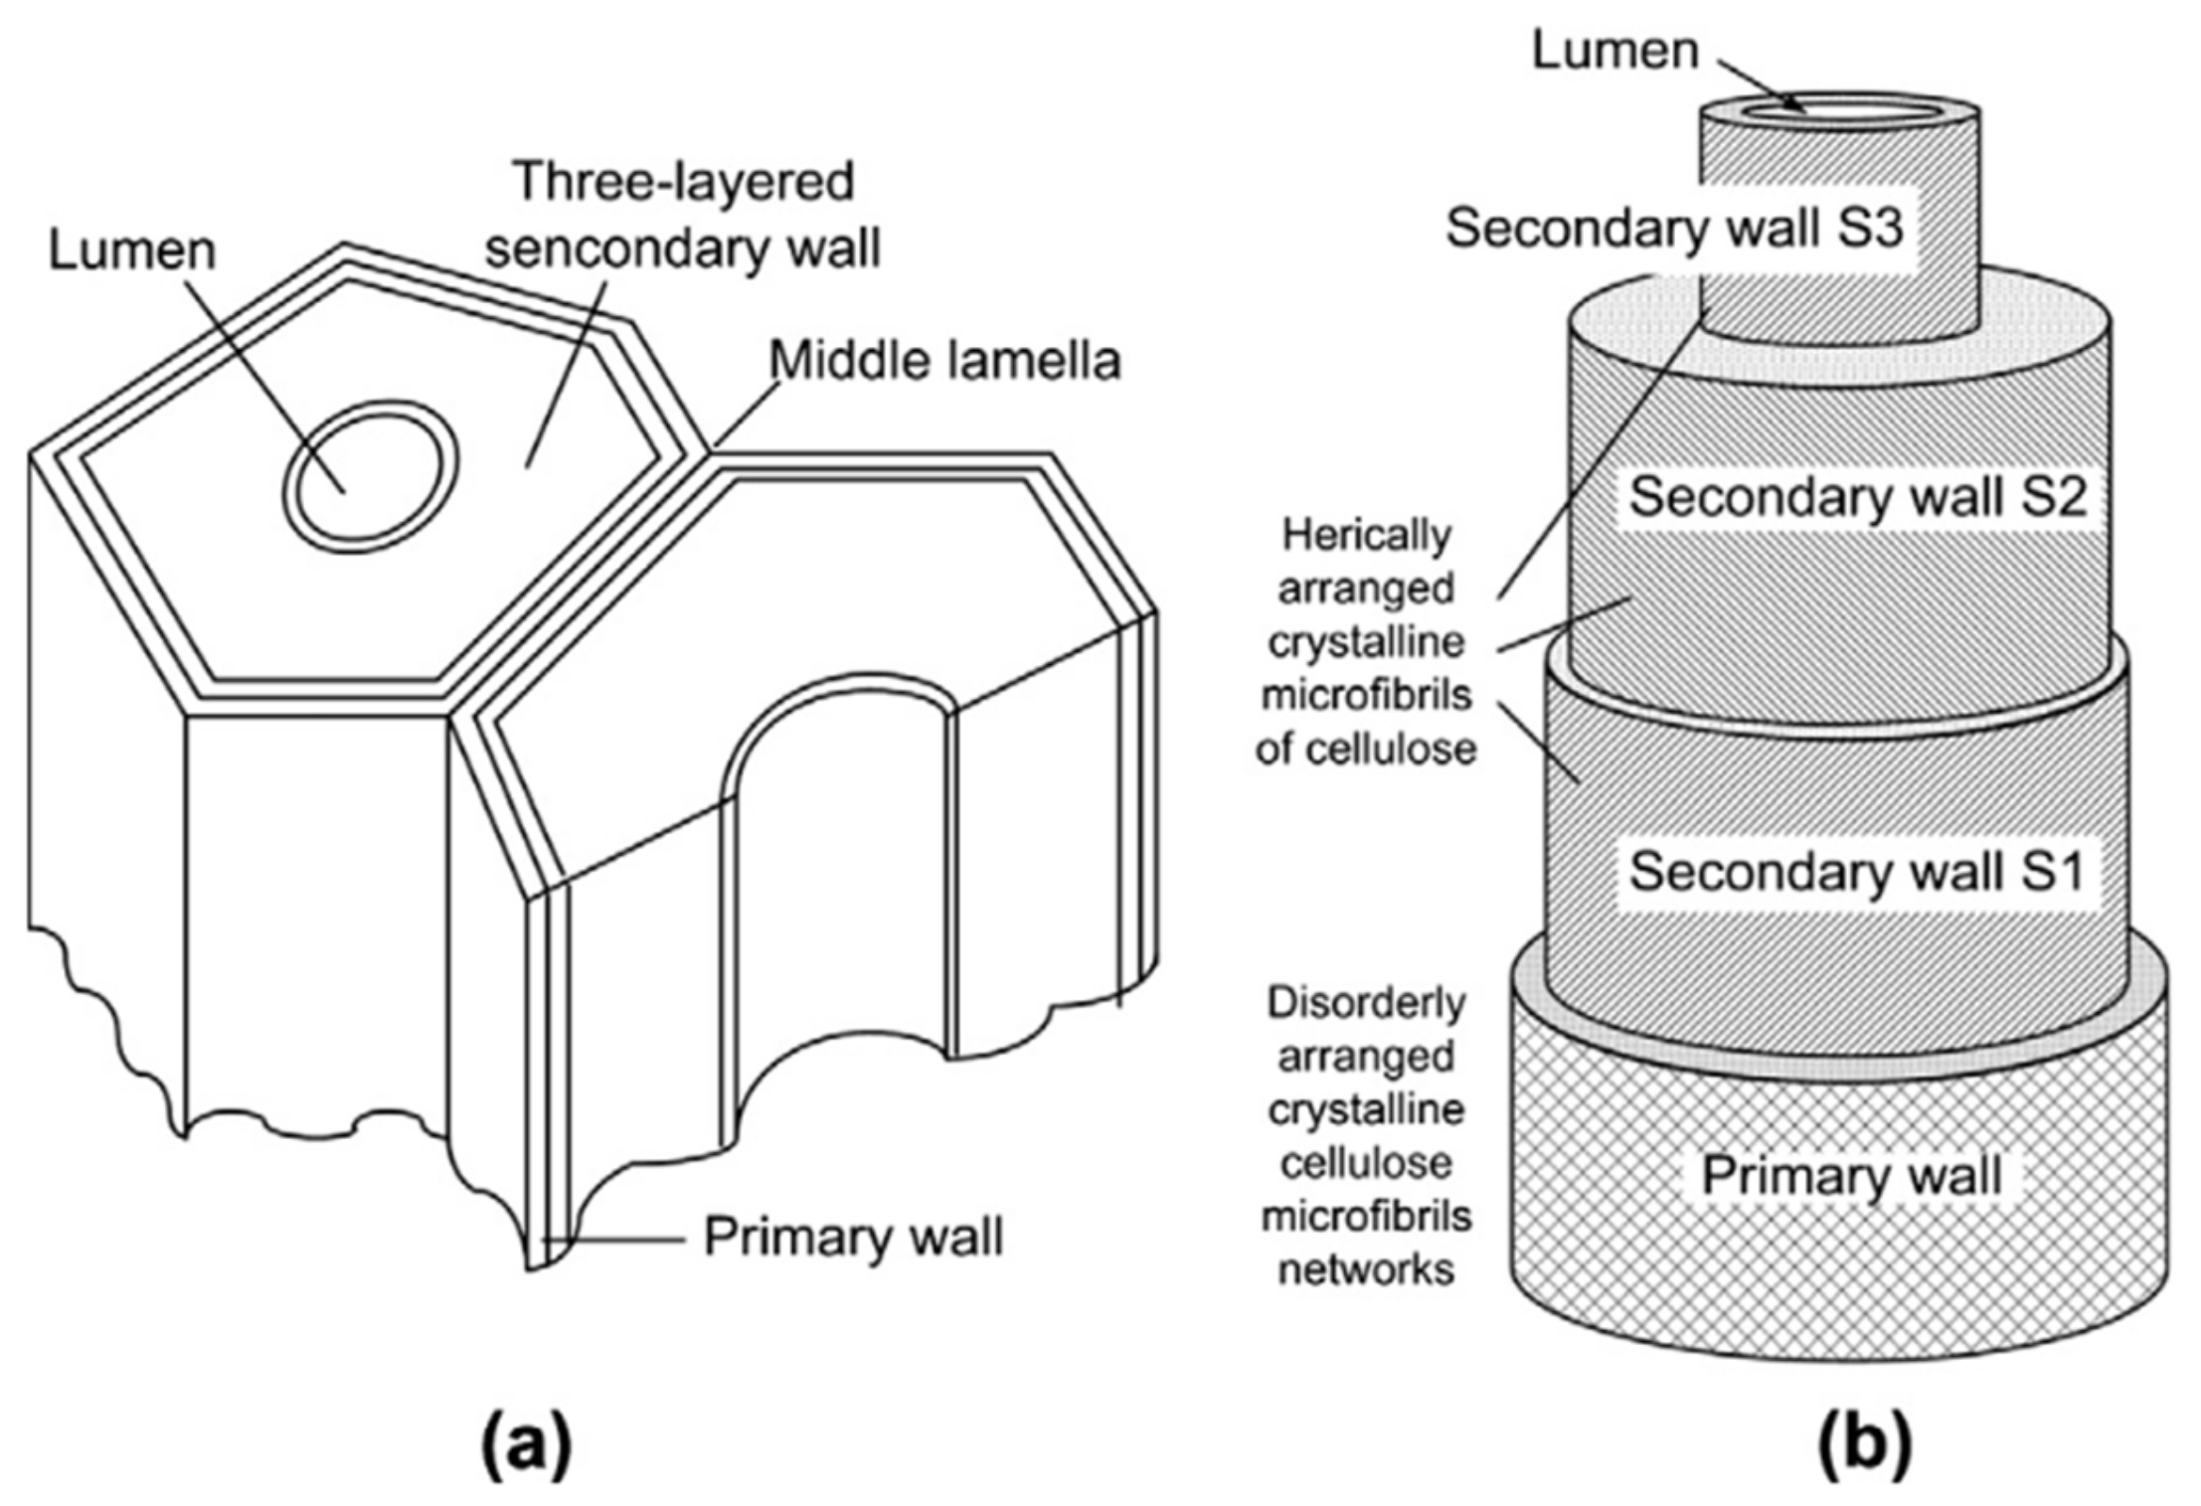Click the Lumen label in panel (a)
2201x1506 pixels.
132,251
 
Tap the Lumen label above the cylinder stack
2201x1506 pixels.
1614,50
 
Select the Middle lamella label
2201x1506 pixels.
945,360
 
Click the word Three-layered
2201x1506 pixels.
685,181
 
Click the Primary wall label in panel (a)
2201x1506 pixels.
853,1238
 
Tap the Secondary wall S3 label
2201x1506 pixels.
1674,228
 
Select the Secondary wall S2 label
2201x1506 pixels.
1857,495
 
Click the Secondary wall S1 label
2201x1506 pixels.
1855,872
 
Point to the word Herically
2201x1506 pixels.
1366,536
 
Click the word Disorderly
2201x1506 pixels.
1366,1003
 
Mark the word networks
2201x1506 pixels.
1366,1269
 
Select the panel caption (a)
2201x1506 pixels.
527,1446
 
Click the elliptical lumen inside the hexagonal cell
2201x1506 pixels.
370,475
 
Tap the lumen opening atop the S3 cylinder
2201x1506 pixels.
1839,112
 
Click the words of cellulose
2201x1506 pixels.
1366,749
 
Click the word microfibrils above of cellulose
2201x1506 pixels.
1366,695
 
